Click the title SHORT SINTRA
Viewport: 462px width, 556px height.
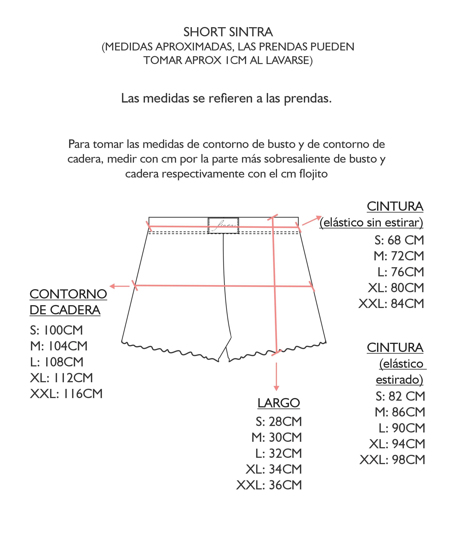point(228,32)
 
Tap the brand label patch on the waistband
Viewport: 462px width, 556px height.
point(223,226)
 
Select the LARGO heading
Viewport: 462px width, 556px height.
point(279,403)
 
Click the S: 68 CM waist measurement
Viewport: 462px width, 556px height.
point(399,240)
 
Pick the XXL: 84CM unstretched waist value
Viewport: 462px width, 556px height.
point(391,304)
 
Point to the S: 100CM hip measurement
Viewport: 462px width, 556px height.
point(56,330)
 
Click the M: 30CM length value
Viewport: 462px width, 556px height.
point(277,437)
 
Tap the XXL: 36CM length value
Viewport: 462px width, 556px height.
point(269,485)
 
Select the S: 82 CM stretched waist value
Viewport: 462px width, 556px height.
point(400,396)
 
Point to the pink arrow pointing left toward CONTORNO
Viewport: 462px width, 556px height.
point(119,286)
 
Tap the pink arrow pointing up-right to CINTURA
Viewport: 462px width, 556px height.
point(312,221)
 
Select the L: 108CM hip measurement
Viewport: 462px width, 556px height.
point(57,362)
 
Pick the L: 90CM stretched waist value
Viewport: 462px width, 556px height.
point(402,428)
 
